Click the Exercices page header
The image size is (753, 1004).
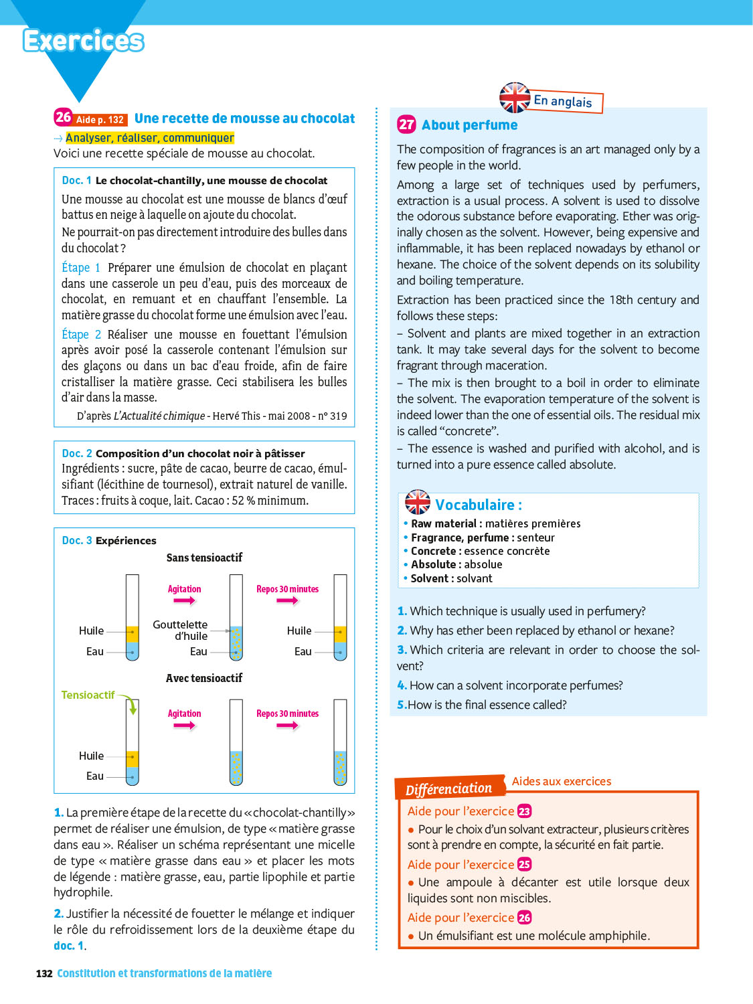[84, 41]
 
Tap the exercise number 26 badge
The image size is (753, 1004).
[63, 117]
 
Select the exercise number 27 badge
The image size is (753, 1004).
[406, 124]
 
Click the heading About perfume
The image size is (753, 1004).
[469, 125]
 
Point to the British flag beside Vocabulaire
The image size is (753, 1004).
[418, 502]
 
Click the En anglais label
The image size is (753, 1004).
[563, 101]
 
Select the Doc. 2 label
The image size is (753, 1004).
[77, 453]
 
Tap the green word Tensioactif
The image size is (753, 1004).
[88, 695]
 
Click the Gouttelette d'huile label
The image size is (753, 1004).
[180, 630]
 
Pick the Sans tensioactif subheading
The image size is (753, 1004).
[204, 558]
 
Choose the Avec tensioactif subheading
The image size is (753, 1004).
[204, 678]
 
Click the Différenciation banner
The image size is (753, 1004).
[448, 788]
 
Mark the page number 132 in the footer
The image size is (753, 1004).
[44, 973]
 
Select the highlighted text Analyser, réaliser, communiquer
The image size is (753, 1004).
[150, 138]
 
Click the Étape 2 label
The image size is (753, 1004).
[81, 334]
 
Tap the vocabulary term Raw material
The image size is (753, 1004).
[443, 523]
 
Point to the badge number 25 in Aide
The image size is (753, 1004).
[524, 864]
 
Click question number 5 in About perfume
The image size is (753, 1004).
[402, 705]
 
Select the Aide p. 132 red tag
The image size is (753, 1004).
[100, 120]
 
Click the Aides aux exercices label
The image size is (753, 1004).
[562, 781]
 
